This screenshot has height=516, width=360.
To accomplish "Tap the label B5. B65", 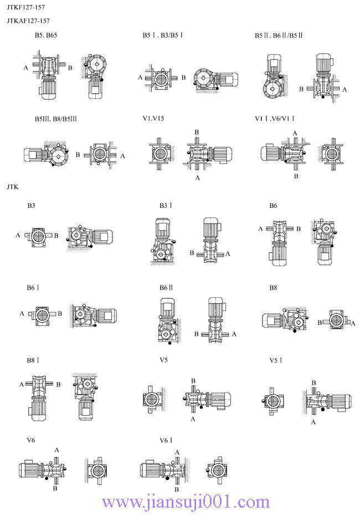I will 46,35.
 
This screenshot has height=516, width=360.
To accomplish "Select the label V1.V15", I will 153,119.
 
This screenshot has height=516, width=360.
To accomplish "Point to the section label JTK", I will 13,187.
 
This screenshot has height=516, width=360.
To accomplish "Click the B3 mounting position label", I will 32,206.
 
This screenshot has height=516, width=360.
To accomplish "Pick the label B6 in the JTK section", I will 273,206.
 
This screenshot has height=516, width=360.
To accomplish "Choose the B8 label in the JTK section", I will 273,288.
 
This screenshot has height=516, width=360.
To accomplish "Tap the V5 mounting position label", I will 164,360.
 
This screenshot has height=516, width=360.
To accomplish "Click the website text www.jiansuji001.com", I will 186,502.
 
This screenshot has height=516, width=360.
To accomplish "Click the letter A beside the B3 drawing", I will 18,236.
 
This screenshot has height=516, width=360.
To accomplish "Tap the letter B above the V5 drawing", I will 193,381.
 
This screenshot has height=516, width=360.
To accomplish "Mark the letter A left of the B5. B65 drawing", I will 25,68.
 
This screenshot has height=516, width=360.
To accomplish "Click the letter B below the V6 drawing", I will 55,489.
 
